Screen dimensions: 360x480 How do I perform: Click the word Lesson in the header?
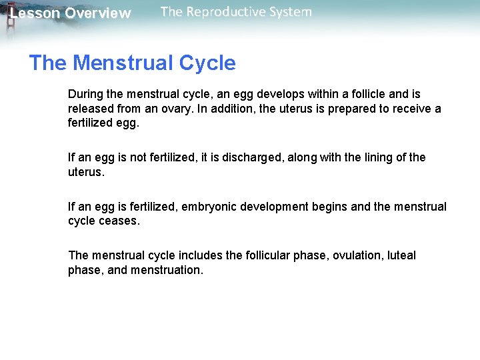tap(35, 13)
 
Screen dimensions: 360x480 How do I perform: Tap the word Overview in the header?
tap(98, 13)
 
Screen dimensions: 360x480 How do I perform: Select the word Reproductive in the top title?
tap(225, 11)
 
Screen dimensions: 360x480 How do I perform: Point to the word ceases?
tap(120, 221)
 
